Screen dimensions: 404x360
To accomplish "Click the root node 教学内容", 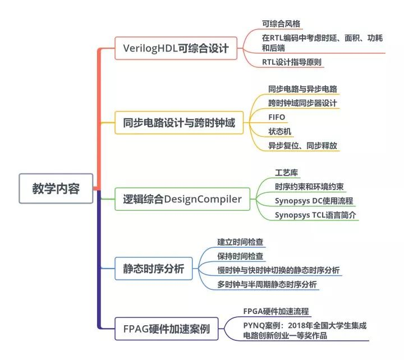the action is [56, 188].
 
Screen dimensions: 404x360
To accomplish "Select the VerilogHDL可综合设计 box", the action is [176, 48].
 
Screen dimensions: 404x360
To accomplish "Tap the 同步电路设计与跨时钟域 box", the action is [179, 123].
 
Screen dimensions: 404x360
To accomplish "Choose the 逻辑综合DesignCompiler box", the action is [182, 199].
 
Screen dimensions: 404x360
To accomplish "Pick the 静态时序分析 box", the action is [154, 269].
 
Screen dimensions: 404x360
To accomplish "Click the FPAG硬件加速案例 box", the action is [167, 329].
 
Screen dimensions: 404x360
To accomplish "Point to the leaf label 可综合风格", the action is [281, 24].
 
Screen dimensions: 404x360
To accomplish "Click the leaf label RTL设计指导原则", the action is [292, 62].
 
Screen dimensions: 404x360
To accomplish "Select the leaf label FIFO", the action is [277, 117].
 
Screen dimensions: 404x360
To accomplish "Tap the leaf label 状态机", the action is [280, 131].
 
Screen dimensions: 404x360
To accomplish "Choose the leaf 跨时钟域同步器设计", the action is [302, 103].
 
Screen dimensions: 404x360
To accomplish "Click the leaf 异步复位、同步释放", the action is [302, 146].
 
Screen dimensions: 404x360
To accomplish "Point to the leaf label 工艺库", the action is [286, 173].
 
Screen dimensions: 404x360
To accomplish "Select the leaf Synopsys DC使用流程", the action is [314, 201].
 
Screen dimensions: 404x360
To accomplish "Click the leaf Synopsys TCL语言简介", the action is [315, 215].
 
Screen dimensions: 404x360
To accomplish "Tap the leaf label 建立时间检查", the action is [240, 242].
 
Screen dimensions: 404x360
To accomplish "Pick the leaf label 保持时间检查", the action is [240, 256].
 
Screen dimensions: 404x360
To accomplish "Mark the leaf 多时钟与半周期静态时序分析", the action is [267, 284].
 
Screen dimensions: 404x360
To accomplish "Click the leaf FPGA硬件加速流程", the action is [276, 311].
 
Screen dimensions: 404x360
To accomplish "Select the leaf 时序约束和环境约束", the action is [309, 187].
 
